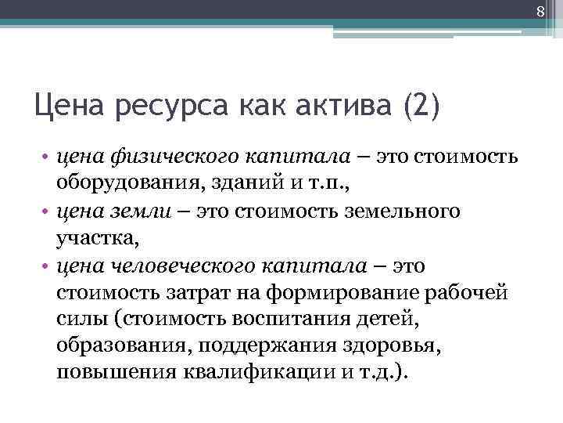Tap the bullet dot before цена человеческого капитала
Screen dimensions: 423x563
[47, 266]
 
